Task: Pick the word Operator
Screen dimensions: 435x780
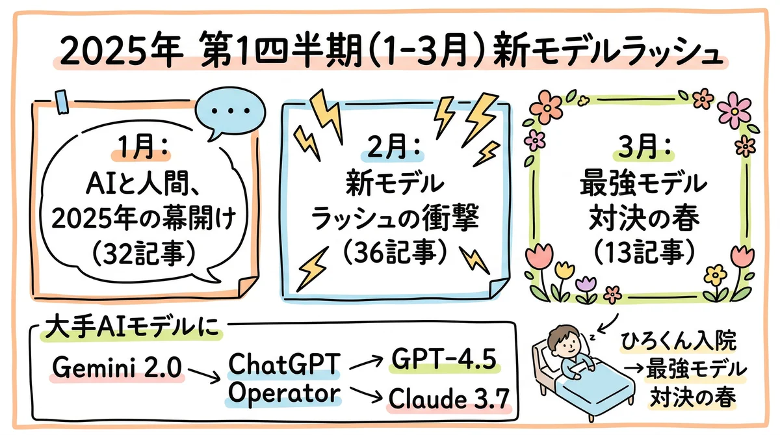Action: (283, 393)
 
